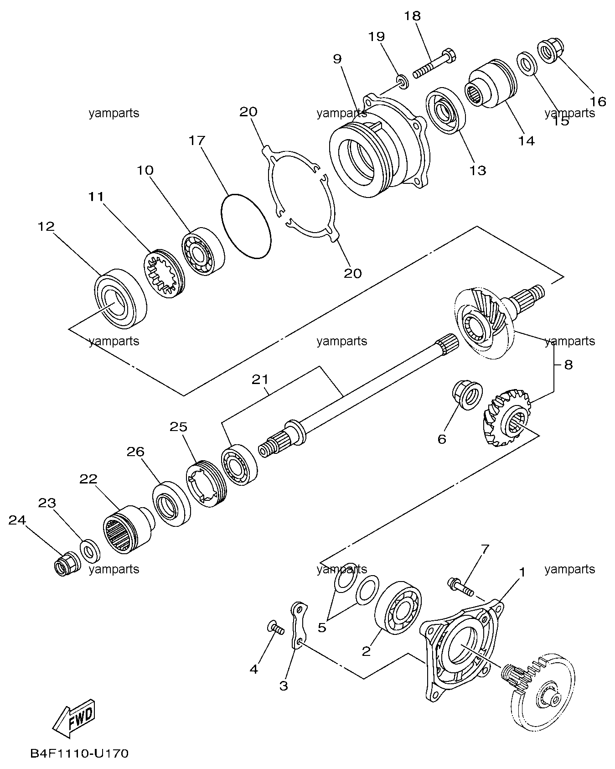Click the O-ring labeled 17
point(246,227)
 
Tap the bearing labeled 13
point(445,110)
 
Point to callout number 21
point(260,379)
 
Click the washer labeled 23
point(90,550)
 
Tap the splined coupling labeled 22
point(128,529)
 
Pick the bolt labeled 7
point(461,586)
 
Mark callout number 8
point(568,365)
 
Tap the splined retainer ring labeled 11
point(165,272)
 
